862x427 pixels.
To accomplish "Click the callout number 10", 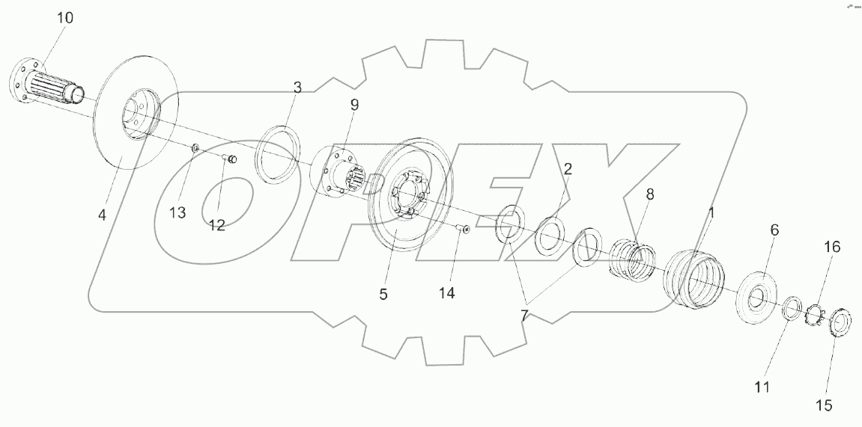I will pos(66,18).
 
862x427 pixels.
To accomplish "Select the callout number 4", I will pos(102,214).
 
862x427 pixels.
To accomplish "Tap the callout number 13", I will pos(177,213).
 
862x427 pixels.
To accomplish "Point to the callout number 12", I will pos(216,225).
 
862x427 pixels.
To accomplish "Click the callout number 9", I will pos(354,104).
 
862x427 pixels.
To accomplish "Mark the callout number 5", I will pos(383,294).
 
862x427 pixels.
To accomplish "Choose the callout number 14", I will pos(446,293).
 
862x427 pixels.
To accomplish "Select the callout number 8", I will pos(649,194).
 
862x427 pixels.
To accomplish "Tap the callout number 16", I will pos(832,247).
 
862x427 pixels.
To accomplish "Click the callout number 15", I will pos(823,406).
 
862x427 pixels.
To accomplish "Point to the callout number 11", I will pos(762,387).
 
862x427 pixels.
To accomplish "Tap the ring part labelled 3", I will pos(279,154).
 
